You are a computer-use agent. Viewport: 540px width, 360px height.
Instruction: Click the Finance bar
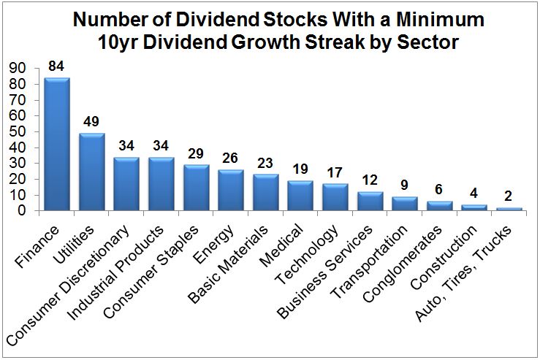pyautogui.click(x=57, y=144)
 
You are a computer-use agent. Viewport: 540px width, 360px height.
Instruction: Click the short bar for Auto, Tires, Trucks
pyautogui.click(x=509, y=209)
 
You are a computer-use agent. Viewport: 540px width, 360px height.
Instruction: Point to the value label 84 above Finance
pyautogui.click(x=57, y=66)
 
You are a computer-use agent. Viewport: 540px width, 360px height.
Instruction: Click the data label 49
pyautogui.click(x=92, y=122)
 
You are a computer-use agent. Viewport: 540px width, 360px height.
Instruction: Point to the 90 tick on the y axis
pyautogui.click(x=18, y=68)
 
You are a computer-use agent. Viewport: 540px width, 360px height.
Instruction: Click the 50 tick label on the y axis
pyautogui.click(x=18, y=131)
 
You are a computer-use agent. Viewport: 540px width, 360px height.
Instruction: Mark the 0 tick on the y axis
pyautogui.click(x=22, y=210)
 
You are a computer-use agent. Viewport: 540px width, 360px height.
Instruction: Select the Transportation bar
pyautogui.click(x=404, y=204)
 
